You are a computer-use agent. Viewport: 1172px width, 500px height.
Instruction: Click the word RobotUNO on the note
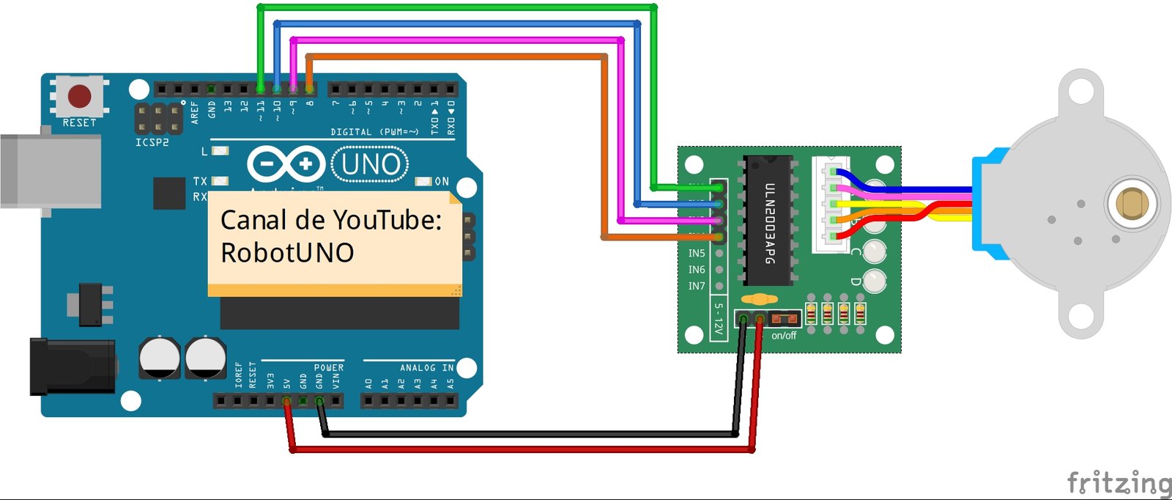click(x=287, y=253)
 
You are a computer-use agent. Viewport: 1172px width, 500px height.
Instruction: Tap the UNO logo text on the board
click(x=371, y=164)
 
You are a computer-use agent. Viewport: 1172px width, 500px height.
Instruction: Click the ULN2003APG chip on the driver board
click(x=769, y=220)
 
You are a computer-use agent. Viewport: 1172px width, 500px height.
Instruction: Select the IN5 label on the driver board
click(x=697, y=253)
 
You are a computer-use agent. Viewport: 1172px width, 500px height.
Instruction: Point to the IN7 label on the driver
click(x=697, y=286)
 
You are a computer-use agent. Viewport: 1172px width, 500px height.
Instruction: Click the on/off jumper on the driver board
click(x=785, y=319)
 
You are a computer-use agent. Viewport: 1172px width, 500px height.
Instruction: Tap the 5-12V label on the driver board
click(x=719, y=319)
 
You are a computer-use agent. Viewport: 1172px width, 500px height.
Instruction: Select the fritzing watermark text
click(x=1119, y=483)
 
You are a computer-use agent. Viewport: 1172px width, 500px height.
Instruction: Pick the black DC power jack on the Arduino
click(x=72, y=367)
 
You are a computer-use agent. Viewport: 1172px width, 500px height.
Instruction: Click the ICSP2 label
click(x=152, y=142)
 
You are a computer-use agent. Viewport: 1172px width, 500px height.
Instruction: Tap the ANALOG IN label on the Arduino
click(x=426, y=367)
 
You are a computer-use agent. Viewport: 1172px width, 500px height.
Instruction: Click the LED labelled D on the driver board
click(x=874, y=280)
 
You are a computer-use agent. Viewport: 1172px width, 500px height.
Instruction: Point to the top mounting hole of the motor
click(x=1080, y=92)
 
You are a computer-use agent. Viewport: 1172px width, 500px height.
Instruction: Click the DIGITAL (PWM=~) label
click(x=374, y=132)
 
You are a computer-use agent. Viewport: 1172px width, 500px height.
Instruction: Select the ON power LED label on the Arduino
click(x=442, y=181)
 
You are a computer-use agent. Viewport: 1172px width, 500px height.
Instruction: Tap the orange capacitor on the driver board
click(x=759, y=299)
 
